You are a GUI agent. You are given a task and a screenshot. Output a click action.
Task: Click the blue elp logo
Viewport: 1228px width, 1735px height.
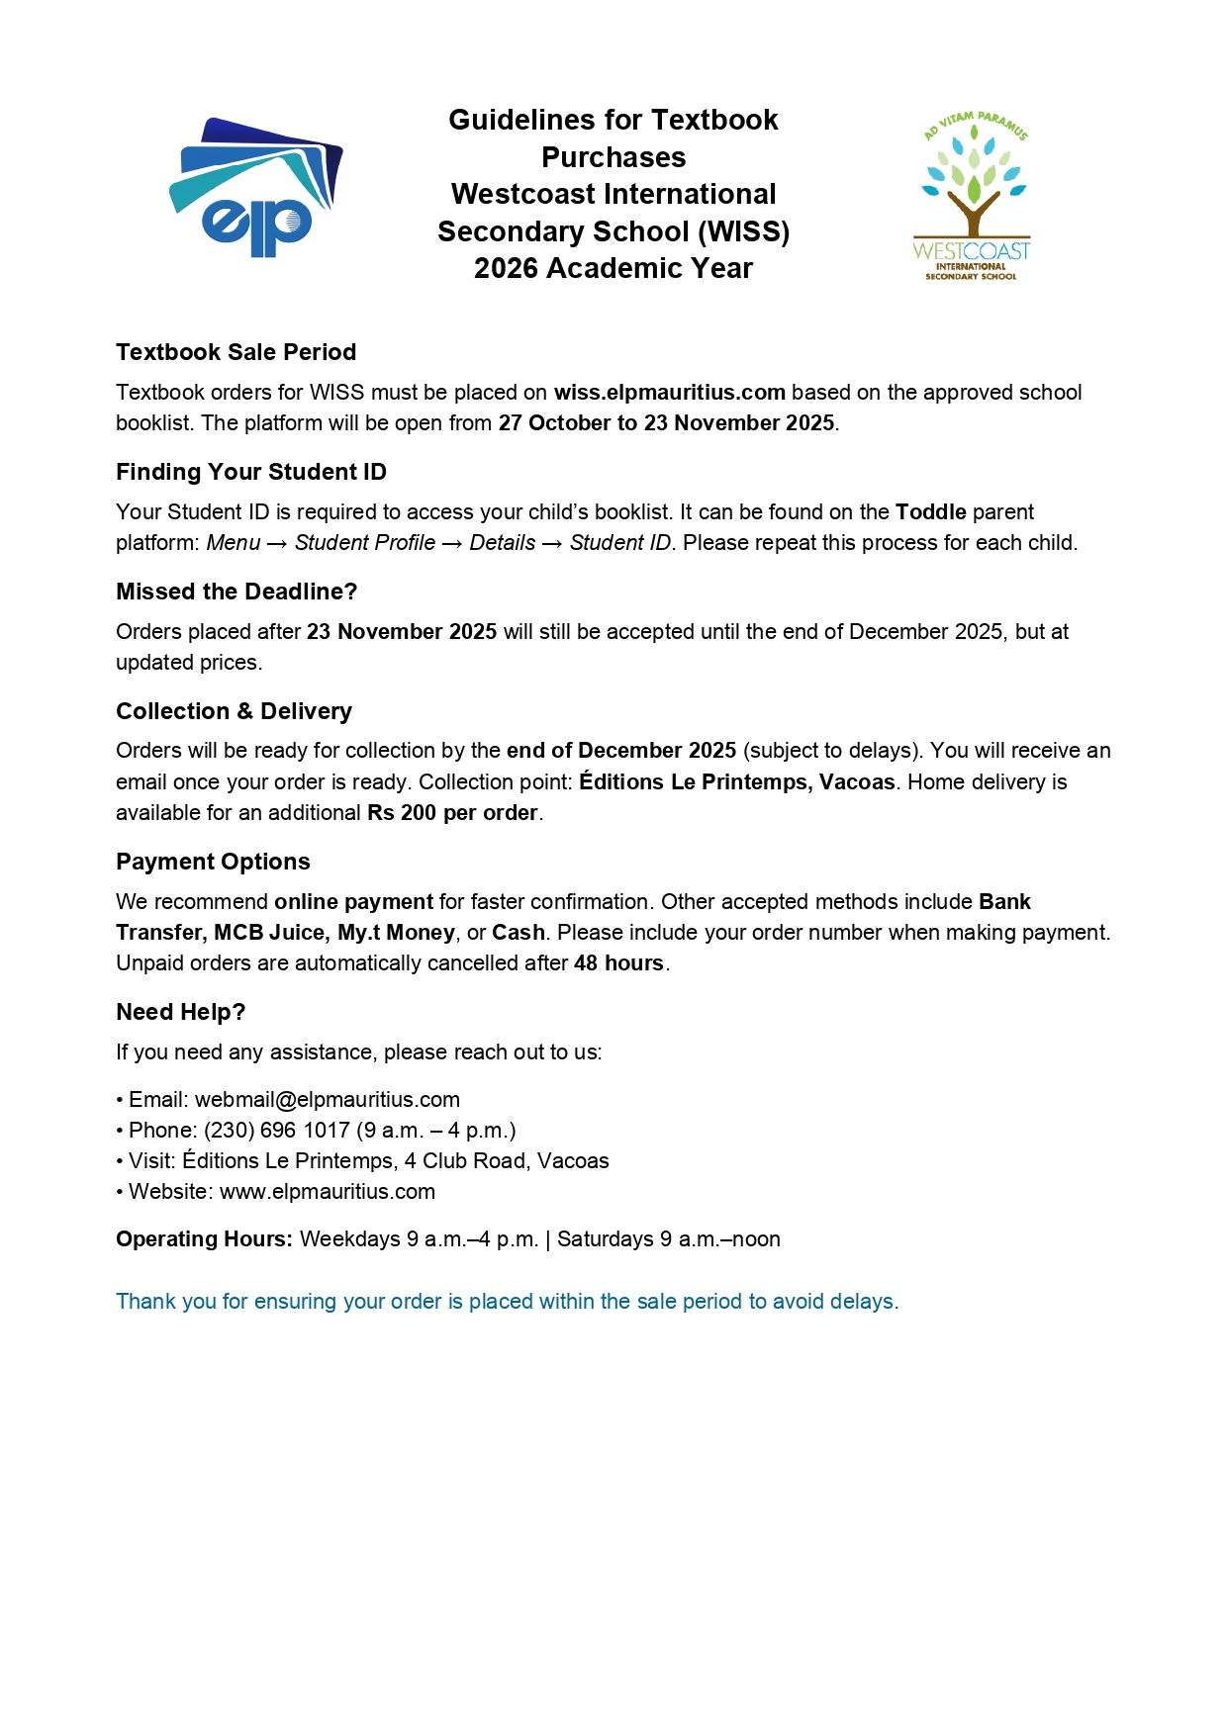click(255, 188)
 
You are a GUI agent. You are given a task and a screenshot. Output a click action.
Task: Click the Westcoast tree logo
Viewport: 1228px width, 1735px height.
click(972, 196)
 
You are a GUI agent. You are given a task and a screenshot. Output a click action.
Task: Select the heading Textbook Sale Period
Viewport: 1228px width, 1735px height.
click(236, 352)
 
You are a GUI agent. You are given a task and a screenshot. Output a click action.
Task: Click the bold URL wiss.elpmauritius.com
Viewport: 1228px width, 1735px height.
click(669, 393)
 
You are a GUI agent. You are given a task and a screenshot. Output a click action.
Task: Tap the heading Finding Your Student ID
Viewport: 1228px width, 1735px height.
click(250, 472)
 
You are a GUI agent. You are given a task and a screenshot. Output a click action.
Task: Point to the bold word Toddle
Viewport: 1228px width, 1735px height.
click(930, 512)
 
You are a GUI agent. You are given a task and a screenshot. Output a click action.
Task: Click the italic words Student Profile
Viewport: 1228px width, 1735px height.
click(364, 543)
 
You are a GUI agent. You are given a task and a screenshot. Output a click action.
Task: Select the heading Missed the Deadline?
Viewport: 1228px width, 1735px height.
click(236, 592)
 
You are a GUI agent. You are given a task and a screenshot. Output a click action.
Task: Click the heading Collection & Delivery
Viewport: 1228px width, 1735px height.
click(234, 711)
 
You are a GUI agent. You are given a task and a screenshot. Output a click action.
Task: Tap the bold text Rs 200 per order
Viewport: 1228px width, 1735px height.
click(452, 813)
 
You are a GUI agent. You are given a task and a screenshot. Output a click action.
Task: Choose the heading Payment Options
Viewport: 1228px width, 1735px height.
click(213, 862)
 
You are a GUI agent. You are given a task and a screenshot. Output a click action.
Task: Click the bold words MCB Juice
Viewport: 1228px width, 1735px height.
click(269, 933)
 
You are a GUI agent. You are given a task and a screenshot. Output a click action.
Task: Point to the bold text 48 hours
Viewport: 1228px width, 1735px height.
click(618, 963)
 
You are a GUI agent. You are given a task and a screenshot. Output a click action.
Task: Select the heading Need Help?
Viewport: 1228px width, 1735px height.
click(180, 1012)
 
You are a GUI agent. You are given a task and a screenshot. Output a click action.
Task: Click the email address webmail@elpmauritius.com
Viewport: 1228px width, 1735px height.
click(327, 1100)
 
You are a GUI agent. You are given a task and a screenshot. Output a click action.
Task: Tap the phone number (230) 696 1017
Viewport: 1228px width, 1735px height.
click(277, 1131)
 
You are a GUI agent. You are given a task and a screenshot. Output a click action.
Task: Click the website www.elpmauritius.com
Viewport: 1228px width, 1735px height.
click(327, 1192)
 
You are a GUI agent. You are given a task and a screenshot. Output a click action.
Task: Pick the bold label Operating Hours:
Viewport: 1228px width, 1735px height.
click(204, 1239)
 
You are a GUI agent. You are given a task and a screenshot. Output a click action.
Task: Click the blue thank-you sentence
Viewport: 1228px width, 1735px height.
click(507, 1302)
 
